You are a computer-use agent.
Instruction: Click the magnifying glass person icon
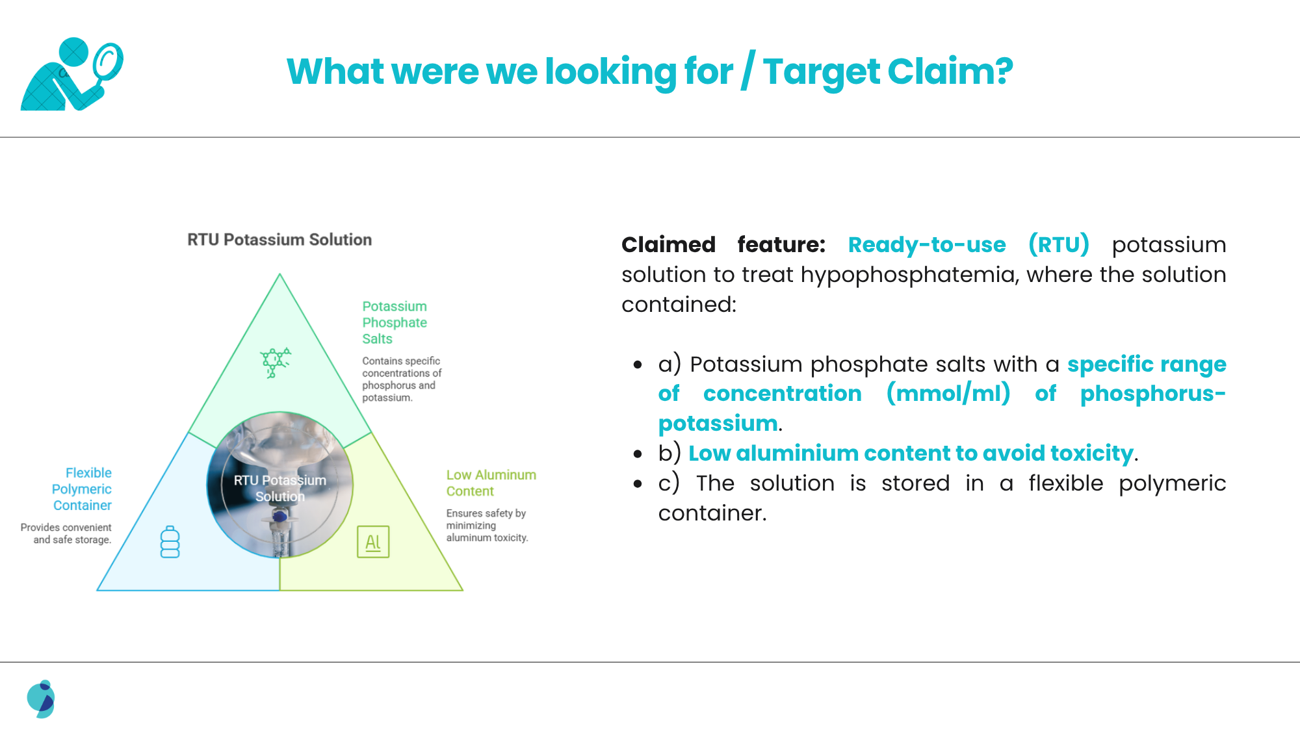(x=71, y=74)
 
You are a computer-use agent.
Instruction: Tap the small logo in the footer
(x=41, y=699)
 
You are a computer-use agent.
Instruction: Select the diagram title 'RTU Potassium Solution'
(x=279, y=240)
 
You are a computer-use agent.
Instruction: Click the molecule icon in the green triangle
(x=275, y=363)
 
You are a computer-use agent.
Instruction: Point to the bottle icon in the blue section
(x=170, y=542)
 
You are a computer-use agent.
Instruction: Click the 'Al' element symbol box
(x=373, y=542)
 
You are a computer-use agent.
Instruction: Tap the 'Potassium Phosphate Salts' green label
(x=395, y=322)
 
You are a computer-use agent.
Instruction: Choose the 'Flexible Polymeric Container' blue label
(x=82, y=489)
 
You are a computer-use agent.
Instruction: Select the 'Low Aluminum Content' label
(x=491, y=483)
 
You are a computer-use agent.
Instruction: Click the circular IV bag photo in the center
(x=279, y=485)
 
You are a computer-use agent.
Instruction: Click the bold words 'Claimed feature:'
(x=723, y=244)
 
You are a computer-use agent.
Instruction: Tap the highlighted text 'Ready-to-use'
(x=927, y=244)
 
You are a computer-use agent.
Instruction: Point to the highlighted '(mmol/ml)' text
(x=948, y=393)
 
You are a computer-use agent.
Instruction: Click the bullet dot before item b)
(x=638, y=454)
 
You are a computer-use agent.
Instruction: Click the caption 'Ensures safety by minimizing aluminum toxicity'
(x=487, y=525)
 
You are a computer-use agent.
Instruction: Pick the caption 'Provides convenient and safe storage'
(x=66, y=533)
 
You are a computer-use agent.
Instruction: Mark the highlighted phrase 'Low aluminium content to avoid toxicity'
(x=911, y=453)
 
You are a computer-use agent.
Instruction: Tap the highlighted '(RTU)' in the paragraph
(x=1059, y=244)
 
